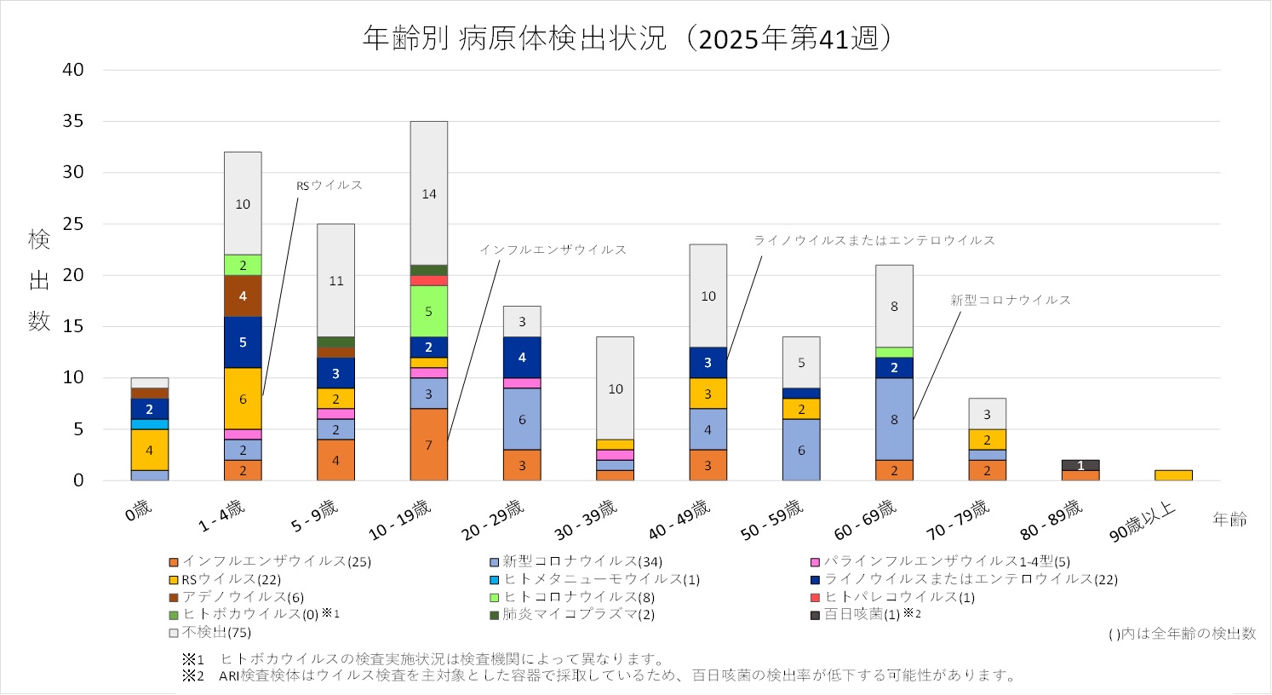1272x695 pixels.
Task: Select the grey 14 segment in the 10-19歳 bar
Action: [429, 193]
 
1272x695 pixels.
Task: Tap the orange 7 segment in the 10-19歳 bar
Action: [429, 445]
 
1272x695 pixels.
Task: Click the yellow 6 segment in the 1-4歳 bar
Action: [243, 399]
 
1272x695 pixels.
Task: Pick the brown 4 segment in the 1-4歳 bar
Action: [243, 296]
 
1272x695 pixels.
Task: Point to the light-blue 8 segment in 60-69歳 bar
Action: [894, 419]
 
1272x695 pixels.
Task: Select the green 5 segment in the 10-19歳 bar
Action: [429, 311]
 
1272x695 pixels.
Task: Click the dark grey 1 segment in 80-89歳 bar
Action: [1080, 465]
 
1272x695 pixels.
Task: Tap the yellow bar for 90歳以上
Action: [1173, 475]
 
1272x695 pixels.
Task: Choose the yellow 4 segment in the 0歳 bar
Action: [150, 450]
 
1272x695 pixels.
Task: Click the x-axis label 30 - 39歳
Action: [586, 519]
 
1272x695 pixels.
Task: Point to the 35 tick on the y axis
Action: [74, 121]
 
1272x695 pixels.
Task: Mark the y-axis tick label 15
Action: [74, 326]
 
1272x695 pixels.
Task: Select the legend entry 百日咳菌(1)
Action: [861, 614]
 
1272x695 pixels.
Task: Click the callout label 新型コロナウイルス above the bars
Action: [1011, 300]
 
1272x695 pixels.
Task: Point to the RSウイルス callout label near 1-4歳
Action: [329, 185]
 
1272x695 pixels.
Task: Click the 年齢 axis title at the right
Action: [1229, 520]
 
